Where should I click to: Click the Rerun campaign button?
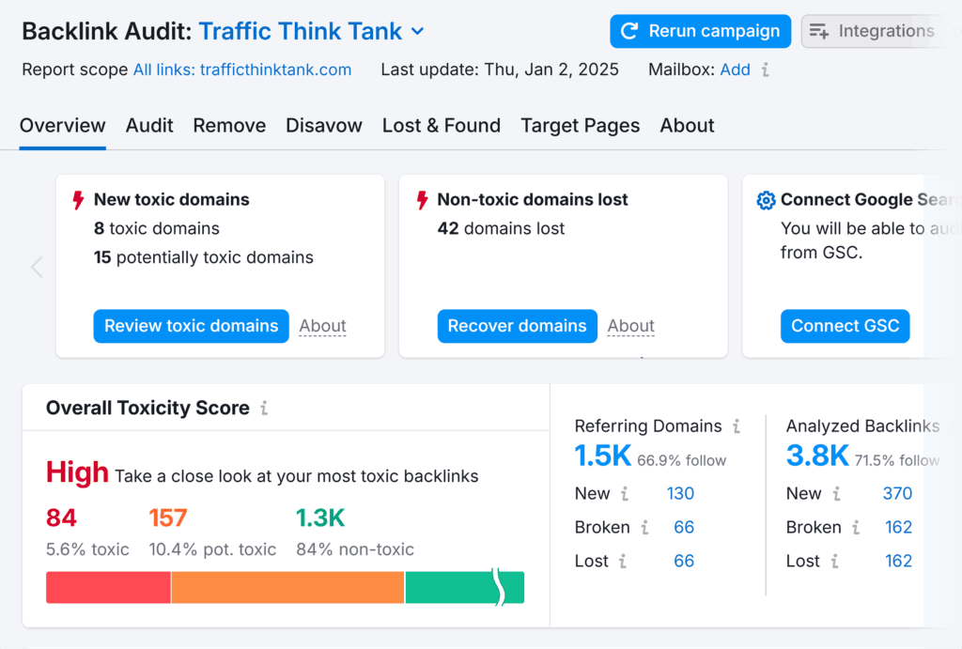(x=700, y=31)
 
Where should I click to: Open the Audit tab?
(x=149, y=126)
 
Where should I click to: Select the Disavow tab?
(x=324, y=126)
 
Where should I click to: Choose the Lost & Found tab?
(x=442, y=126)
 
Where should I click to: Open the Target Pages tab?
(x=581, y=126)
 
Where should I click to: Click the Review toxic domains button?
(x=191, y=326)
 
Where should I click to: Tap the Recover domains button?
(x=517, y=326)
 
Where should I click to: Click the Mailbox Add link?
(x=735, y=70)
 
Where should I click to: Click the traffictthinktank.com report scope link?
(x=242, y=70)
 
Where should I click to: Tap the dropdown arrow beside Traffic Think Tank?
(x=418, y=32)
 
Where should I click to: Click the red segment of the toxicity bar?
(x=108, y=587)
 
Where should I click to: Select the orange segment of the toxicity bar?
(x=287, y=587)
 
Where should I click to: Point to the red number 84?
(x=61, y=518)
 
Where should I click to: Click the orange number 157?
(x=168, y=518)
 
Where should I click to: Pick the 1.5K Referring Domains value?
(x=603, y=456)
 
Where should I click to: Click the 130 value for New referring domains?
(x=681, y=493)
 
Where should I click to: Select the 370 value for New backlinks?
(x=898, y=493)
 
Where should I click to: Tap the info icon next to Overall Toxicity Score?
(x=264, y=409)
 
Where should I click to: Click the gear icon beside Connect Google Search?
(x=766, y=200)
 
